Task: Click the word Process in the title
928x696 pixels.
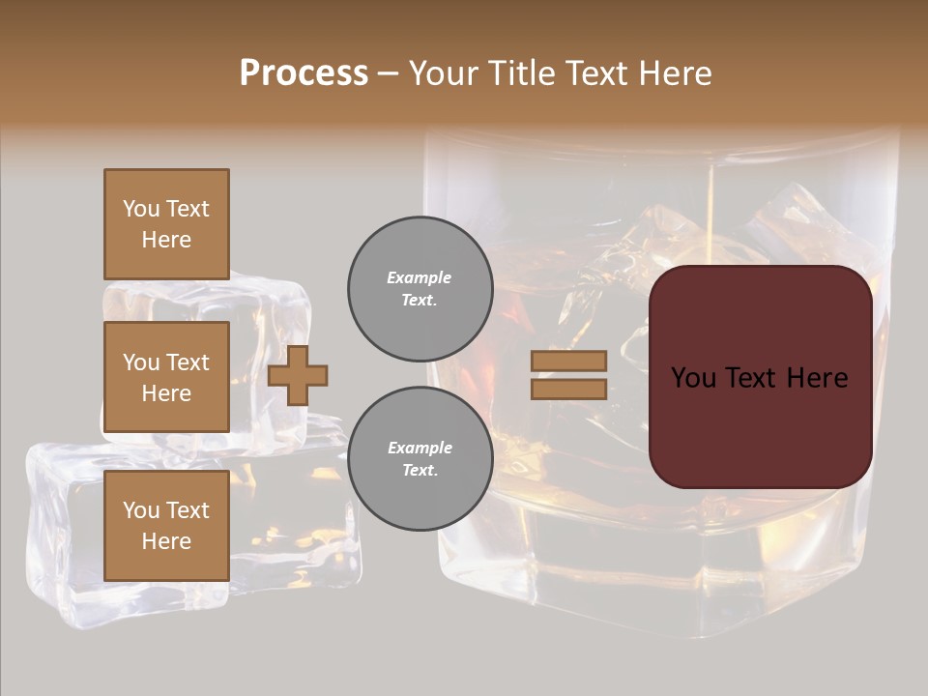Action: coord(304,73)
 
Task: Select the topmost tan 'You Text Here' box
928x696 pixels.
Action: coord(166,224)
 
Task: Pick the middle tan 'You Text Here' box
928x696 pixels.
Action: coord(166,377)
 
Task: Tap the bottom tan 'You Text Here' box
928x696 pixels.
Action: coord(166,526)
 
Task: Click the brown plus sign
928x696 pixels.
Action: coord(298,375)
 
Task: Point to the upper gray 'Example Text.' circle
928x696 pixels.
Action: coord(420,289)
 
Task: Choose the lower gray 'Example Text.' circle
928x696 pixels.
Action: coord(420,459)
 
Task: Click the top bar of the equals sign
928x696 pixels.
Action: coord(568,361)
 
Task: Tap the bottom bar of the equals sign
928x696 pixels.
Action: coord(568,390)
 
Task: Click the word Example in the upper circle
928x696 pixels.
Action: coord(420,278)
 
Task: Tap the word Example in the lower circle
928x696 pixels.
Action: coord(420,449)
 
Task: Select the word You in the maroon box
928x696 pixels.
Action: coord(693,378)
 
